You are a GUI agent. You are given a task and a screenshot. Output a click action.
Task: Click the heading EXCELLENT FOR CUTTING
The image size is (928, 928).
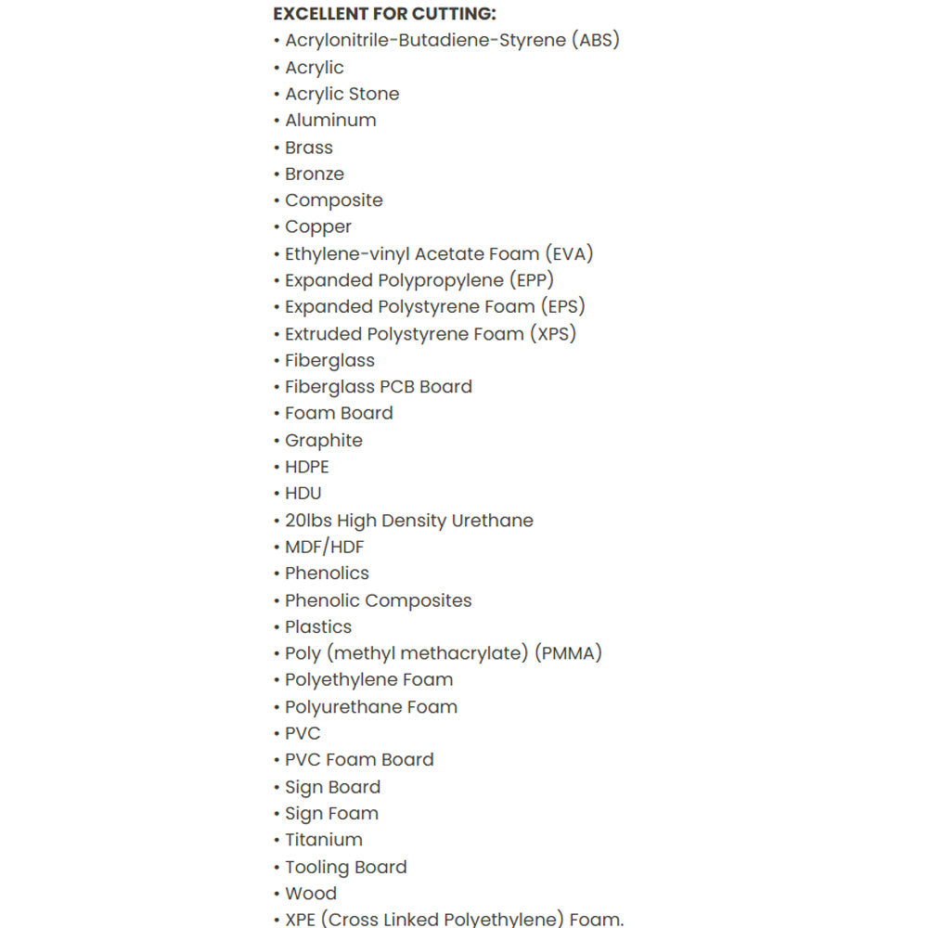click(x=384, y=14)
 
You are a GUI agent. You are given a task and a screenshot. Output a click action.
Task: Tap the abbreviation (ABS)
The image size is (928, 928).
click(x=596, y=40)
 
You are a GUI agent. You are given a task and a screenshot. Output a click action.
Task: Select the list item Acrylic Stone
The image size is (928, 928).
click(x=342, y=94)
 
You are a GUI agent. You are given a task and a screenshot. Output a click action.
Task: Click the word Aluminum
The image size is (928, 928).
click(x=330, y=121)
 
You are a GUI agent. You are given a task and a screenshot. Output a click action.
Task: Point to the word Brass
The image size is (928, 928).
click(x=308, y=148)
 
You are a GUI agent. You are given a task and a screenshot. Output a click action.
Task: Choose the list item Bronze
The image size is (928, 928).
click(x=314, y=174)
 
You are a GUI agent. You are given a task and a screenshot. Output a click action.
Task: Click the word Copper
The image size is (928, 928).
click(x=318, y=226)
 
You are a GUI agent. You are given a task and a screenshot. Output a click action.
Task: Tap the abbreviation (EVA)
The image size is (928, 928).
click(x=569, y=253)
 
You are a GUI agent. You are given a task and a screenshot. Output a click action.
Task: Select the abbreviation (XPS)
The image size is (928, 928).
click(x=553, y=333)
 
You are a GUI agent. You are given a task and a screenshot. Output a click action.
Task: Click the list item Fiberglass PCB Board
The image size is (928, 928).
click(x=378, y=387)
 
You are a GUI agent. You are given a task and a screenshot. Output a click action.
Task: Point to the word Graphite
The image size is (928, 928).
click(x=323, y=440)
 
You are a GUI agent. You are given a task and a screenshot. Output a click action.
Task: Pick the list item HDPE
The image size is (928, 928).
click(x=306, y=467)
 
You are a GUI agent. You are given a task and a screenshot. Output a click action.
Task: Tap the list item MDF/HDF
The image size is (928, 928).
click(x=324, y=547)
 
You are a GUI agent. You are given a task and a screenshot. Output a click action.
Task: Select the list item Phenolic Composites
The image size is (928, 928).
click(x=378, y=600)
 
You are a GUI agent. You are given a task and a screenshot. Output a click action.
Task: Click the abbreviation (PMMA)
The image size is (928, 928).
click(x=568, y=653)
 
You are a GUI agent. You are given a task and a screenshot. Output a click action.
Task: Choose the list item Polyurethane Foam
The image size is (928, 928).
click(x=370, y=707)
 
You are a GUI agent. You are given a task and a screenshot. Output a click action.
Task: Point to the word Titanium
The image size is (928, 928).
click(x=323, y=840)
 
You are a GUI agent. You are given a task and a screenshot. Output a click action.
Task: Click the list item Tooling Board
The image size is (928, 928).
click(x=345, y=867)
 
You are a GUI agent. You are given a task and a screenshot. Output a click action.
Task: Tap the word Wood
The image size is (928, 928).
click(x=311, y=894)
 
